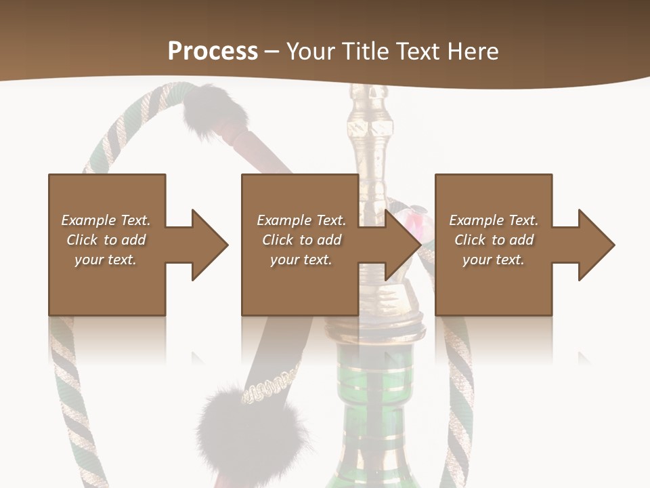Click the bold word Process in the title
pyautogui.click(x=213, y=51)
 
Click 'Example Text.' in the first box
pyautogui.click(x=106, y=220)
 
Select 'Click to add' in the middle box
pyautogui.click(x=301, y=240)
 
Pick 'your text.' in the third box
pyautogui.click(x=493, y=260)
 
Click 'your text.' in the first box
pyautogui.click(x=106, y=260)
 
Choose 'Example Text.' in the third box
pyautogui.click(x=493, y=220)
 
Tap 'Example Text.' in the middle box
pyautogui.click(x=301, y=220)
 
